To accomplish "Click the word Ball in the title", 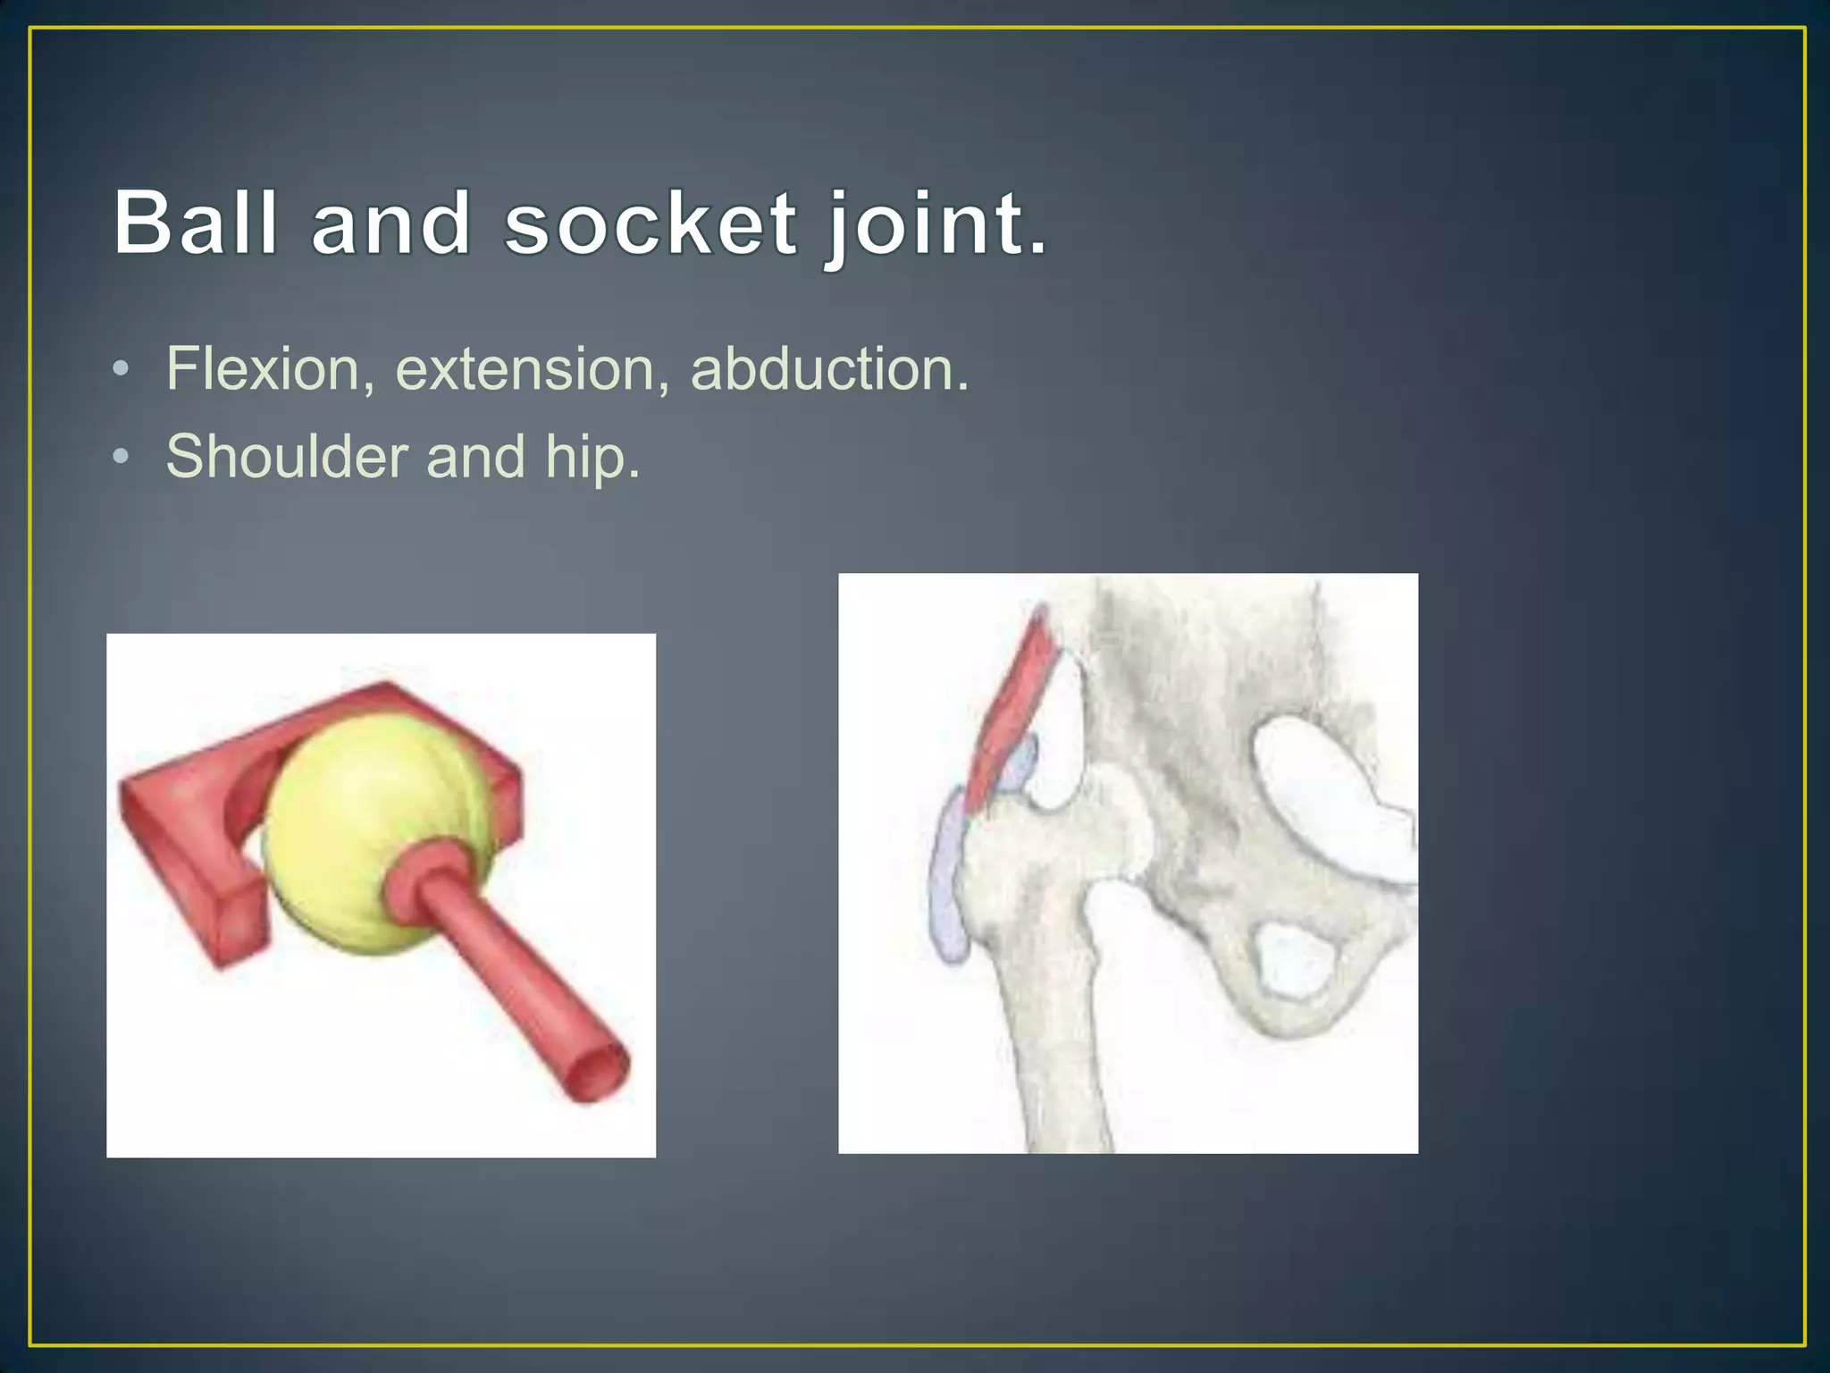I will pos(196,223).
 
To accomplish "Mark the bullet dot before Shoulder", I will pos(122,457).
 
